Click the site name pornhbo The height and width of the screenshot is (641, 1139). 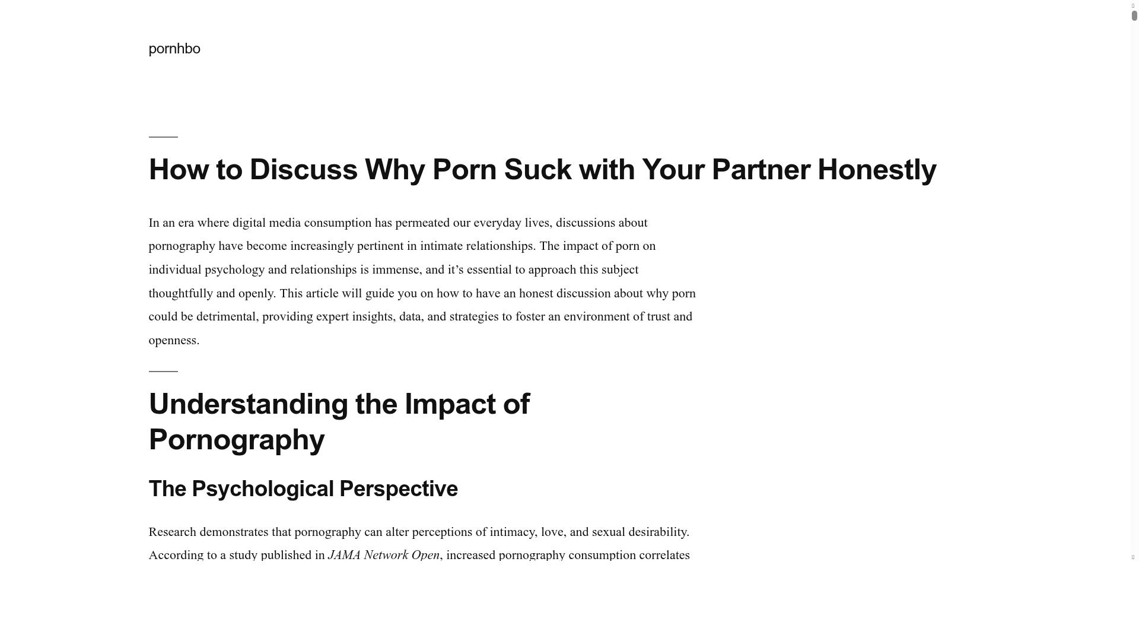coord(174,49)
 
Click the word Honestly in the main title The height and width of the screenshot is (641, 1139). coord(876,170)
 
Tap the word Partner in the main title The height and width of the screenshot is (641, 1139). coord(761,170)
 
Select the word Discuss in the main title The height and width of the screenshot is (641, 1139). coord(303,170)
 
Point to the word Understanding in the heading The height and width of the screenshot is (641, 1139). coord(248,404)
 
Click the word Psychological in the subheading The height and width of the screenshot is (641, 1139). coord(263,489)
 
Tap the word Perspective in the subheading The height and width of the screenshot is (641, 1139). coord(398,489)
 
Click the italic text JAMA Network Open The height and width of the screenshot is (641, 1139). coord(383,556)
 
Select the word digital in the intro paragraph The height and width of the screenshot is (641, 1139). coord(249,223)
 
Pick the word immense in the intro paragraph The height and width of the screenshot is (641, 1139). coord(395,270)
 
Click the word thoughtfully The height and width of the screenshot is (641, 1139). coord(180,294)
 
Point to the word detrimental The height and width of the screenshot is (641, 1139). coord(225,317)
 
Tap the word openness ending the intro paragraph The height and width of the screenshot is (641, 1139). coord(172,341)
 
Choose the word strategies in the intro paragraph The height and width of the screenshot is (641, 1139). coord(473,317)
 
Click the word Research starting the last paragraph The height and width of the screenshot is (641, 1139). coord(172,532)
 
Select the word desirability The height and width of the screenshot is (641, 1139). coord(657,532)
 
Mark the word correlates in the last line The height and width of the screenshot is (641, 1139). coord(664,556)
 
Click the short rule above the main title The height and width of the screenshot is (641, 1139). coord(163,137)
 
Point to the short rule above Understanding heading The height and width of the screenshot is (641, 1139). coord(163,372)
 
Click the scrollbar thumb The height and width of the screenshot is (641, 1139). coord(1134,16)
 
